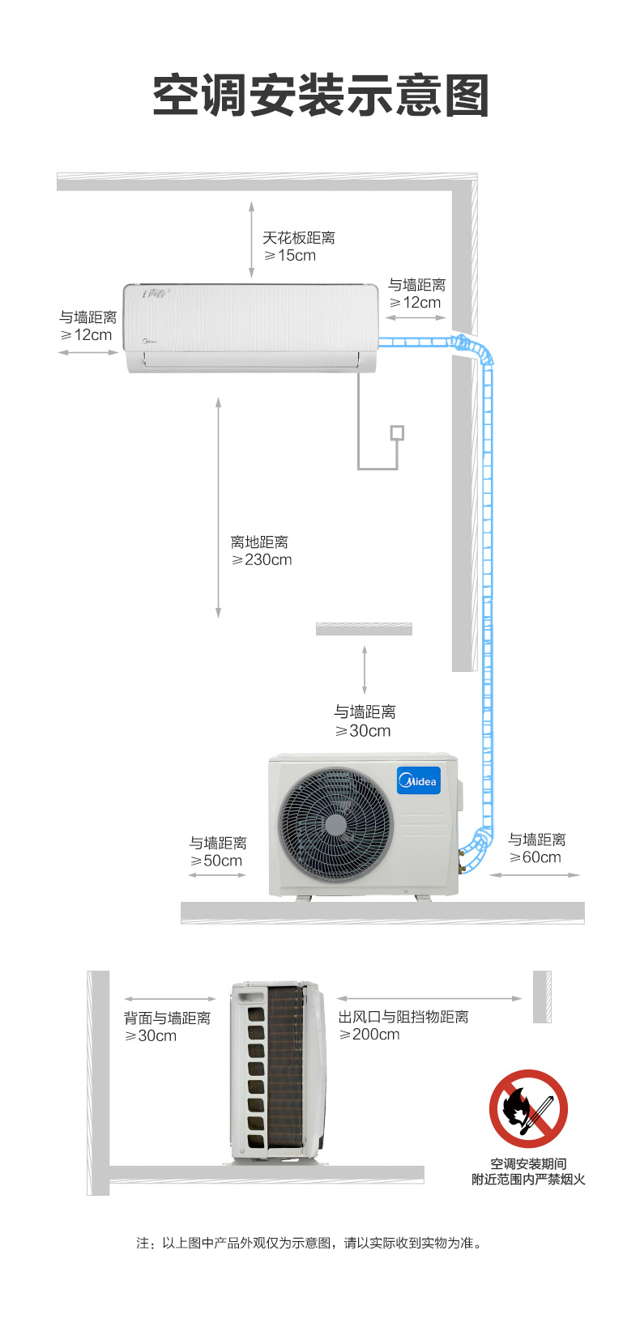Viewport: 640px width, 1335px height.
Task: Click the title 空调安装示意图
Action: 320,95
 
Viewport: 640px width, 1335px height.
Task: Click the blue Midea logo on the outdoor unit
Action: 419,780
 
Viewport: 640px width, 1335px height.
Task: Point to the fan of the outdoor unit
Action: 335,825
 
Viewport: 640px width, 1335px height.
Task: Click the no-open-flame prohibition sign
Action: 528,1108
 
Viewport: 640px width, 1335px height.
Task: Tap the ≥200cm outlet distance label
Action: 369,1035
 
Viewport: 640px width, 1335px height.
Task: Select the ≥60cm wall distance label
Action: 535,857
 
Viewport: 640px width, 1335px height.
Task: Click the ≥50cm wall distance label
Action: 216,861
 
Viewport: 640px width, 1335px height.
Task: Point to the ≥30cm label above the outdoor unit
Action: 363,731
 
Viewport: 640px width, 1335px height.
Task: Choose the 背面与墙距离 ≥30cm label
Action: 167,1027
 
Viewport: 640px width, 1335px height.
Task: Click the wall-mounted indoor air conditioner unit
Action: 250,329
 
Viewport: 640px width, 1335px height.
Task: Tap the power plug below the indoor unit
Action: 397,433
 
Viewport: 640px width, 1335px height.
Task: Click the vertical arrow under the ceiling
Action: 252,240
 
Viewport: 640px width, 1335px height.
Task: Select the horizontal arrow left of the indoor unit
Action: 88,353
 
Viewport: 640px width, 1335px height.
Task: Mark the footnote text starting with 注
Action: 309,1243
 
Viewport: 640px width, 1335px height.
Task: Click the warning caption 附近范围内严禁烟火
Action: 528,1180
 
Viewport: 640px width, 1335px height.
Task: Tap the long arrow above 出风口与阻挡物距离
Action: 429,998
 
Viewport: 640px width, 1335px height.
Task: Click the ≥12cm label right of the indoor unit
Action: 415,303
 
